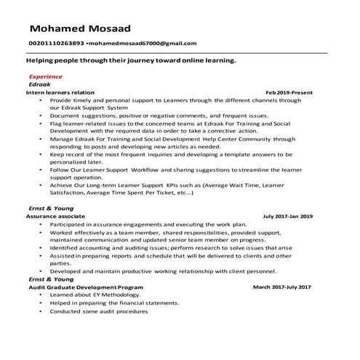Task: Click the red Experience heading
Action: tap(44, 76)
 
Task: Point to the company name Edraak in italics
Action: tap(39, 84)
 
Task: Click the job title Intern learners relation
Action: tap(60, 92)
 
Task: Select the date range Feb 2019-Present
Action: tap(289, 92)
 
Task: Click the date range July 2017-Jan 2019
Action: tap(288, 217)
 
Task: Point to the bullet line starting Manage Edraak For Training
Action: tap(172, 137)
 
